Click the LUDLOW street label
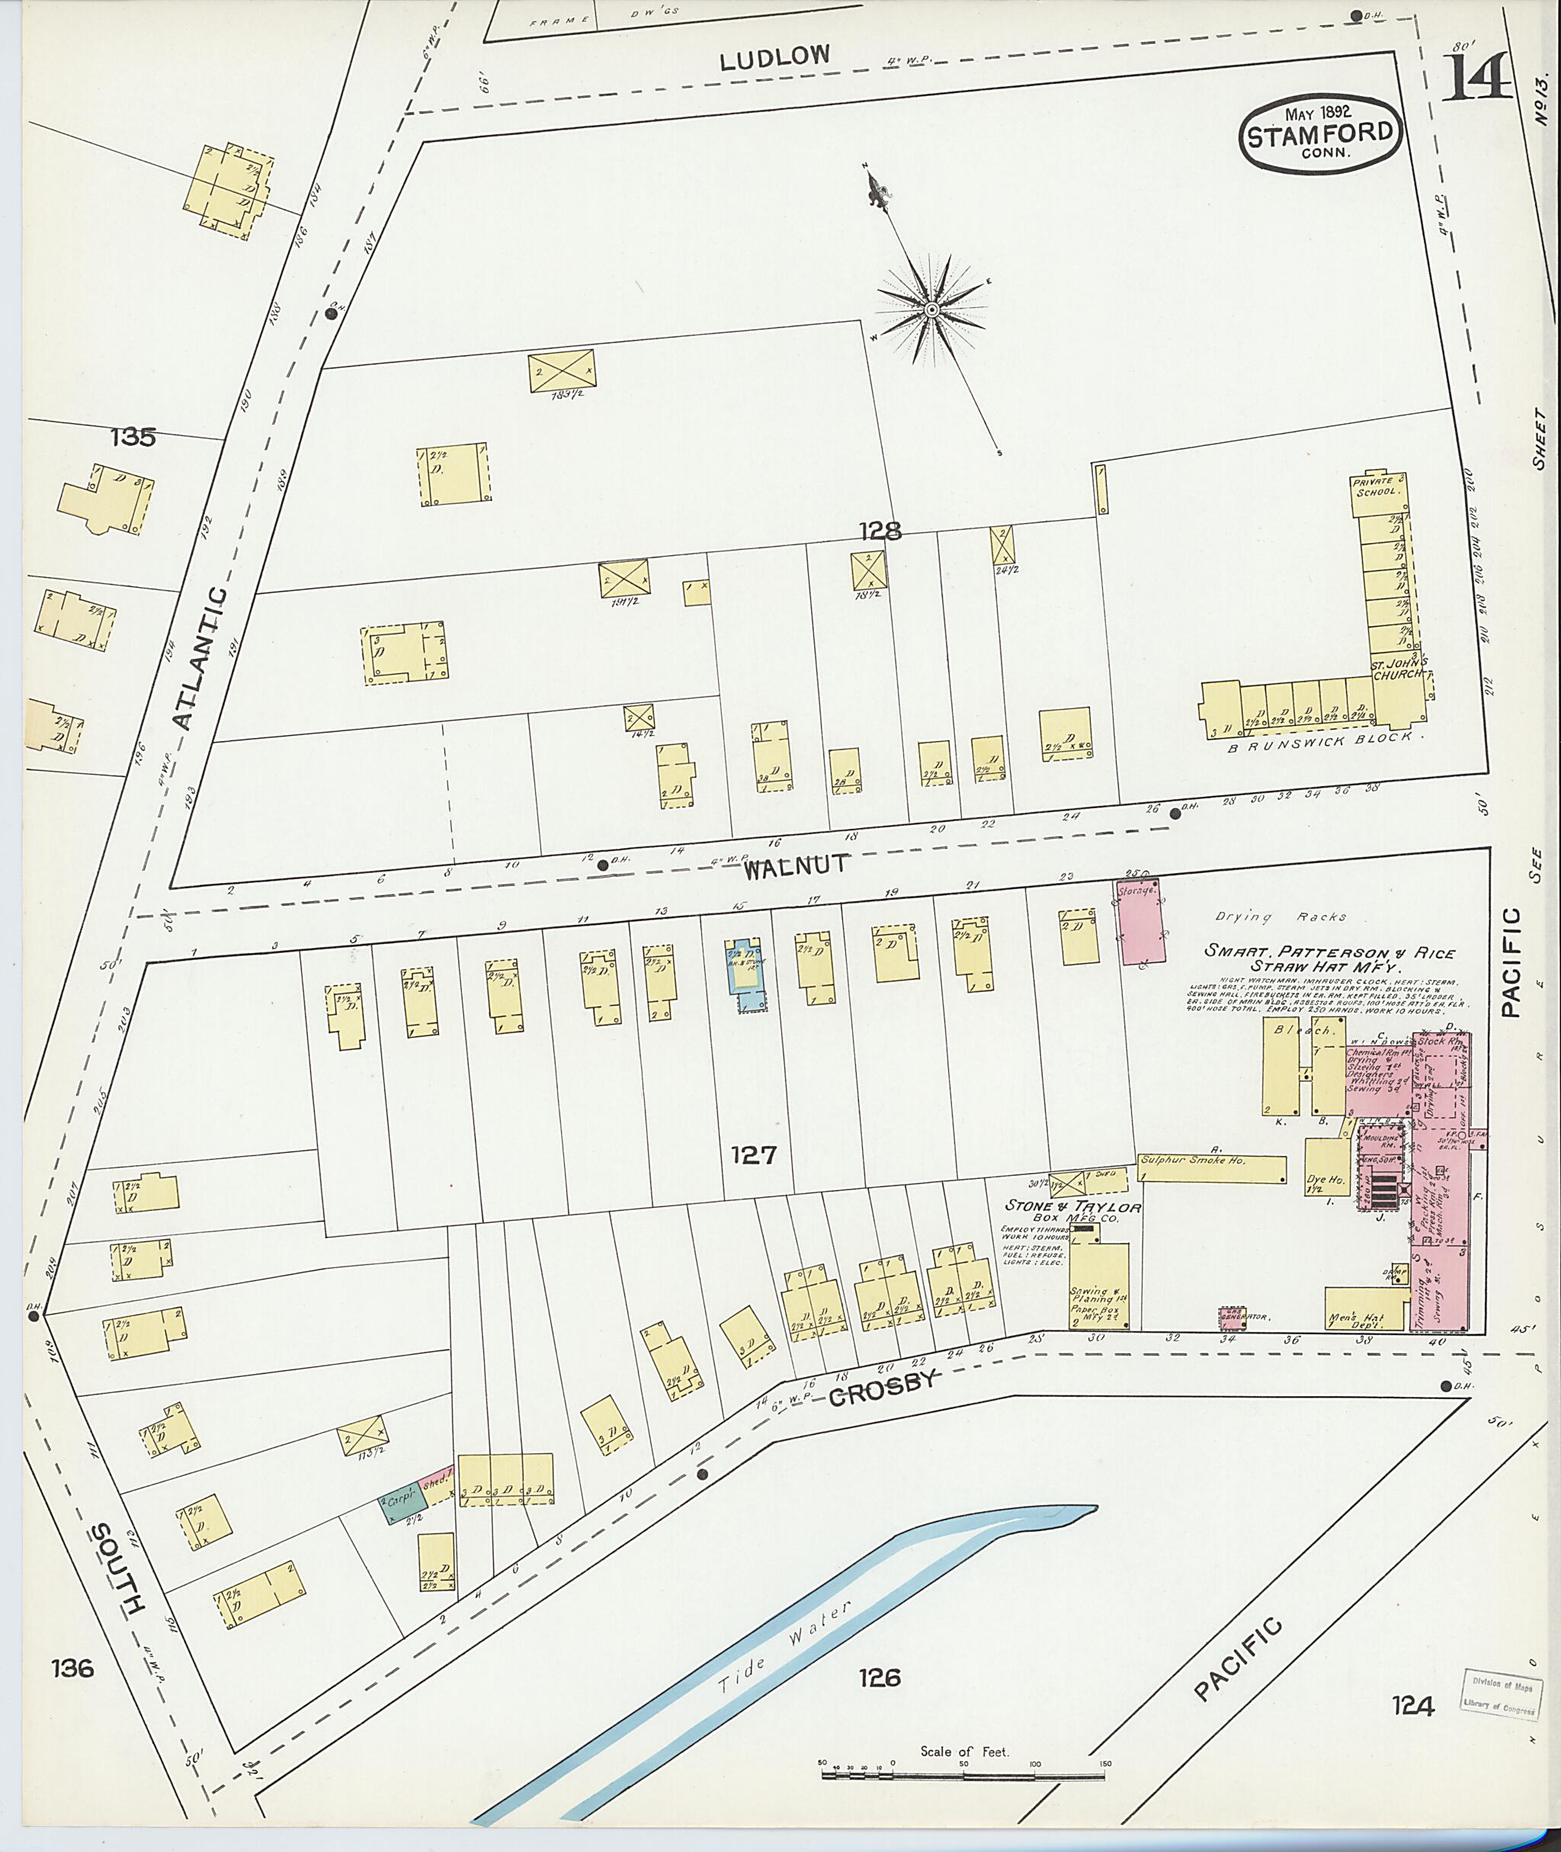click(x=774, y=59)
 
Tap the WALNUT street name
click(x=796, y=867)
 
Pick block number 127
click(x=754, y=1154)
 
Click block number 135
click(x=133, y=436)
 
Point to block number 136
click(x=72, y=1669)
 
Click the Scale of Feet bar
click(x=964, y=1775)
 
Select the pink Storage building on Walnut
click(x=1143, y=922)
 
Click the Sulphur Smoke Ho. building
click(x=1211, y=1169)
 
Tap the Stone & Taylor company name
click(x=1072, y=1205)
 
